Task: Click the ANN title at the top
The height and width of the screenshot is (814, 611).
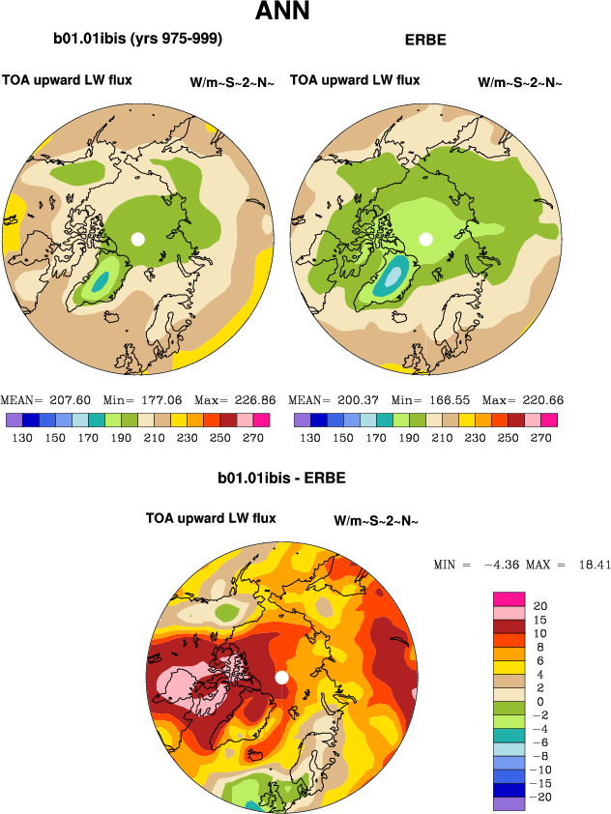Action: pyautogui.click(x=282, y=13)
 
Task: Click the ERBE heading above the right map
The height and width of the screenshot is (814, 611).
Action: pyautogui.click(x=425, y=42)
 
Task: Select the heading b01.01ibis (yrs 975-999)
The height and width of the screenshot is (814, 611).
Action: pyautogui.click(x=138, y=40)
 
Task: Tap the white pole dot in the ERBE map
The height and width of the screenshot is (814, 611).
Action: pyautogui.click(x=425, y=238)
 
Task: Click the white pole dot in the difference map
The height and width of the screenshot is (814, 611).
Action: pyautogui.click(x=281, y=678)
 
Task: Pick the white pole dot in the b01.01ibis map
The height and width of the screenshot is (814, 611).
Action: pyautogui.click(x=138, y=238)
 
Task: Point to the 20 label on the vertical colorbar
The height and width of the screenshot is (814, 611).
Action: pyautogui.click(x=540, y=605)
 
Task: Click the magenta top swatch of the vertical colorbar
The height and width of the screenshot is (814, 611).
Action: pyautogui.click(x=509, y=598)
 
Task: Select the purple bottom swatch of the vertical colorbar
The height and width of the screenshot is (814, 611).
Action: pyautogui.click(x=509, y=803)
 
